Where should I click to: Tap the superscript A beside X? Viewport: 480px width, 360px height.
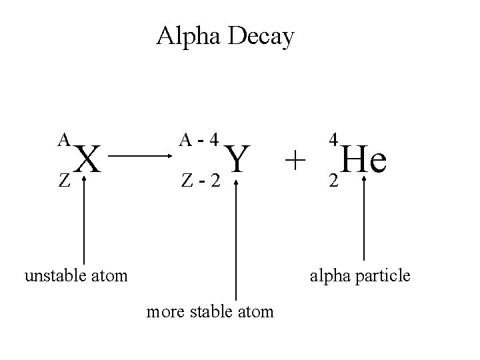click(x=64, y=139)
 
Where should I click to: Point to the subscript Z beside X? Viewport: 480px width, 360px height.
click(x=63, y=180)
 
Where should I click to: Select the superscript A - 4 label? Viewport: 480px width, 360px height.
click(x=199, y=140)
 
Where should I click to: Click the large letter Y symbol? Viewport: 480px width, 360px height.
click(x=238, y=160)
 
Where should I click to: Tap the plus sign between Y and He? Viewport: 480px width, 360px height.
click(x=295, y=161)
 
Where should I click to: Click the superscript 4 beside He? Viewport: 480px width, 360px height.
click(x=334, y=140)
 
